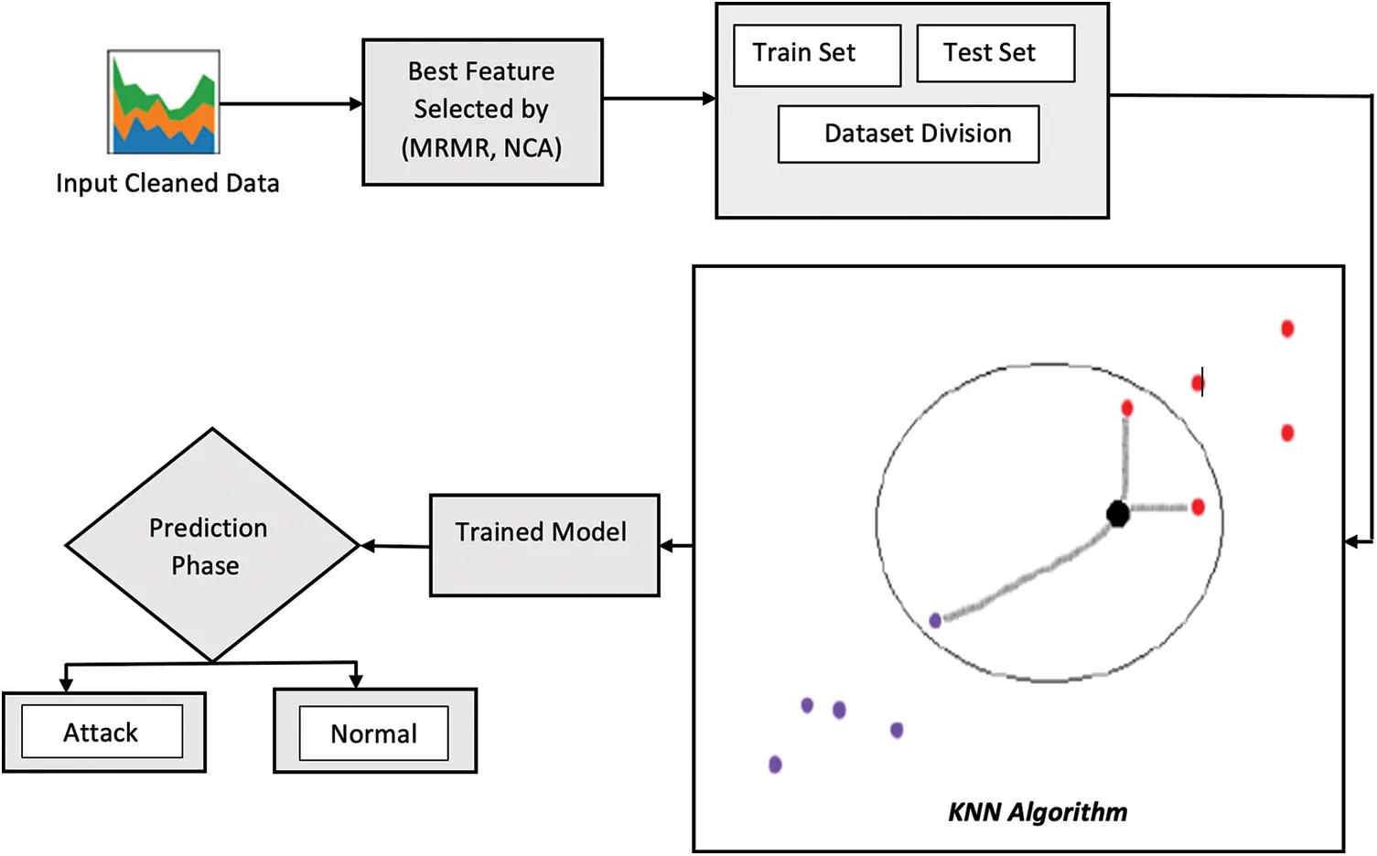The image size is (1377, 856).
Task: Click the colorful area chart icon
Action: click(164, 102)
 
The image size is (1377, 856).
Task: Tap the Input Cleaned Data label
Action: click(167, 184)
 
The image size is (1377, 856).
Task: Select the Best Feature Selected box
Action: click(482, 112)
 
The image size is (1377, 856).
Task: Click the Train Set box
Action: click(817, 55)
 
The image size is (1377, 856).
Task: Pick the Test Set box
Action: click(995, 54)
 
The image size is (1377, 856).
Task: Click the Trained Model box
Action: click(544, 545)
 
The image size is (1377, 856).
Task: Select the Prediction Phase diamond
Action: click(211, 546)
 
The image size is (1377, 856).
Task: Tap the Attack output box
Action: click(102, 732)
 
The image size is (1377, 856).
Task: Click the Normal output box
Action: click(374, 733)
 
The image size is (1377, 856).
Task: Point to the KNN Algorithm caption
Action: click(1037, 812)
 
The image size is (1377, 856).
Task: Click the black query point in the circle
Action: click(1117, 514)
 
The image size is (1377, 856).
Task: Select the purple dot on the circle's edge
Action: click(935, 621)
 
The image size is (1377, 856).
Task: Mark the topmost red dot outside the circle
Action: click(1287, 328)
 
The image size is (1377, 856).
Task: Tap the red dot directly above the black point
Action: click(1127, 408)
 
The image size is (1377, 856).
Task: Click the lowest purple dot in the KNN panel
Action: click(775, 765)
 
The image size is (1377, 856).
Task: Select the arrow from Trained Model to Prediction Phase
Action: click(395, 546)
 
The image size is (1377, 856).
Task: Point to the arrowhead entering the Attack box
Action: click(66, 682)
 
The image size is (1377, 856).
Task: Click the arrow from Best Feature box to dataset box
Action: click(659, 99)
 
